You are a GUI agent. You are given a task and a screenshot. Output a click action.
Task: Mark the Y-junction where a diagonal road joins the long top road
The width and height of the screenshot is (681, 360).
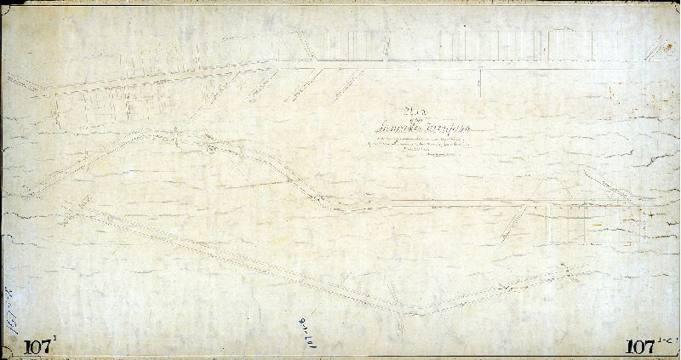pyautogui.click(x=313, y=60)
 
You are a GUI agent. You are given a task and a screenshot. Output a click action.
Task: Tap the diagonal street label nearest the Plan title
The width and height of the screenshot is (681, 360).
pyautogui.click(x=345, y=83)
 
